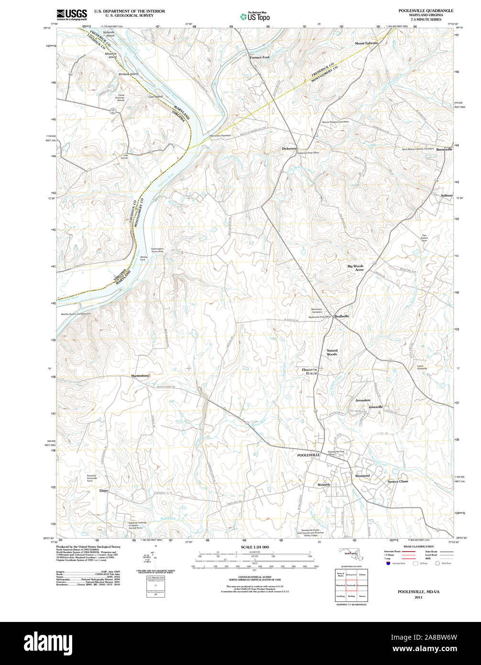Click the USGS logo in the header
click(x=72, y=14)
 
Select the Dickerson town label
click(x=289, y=149)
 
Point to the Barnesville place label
click(x=443, y=149)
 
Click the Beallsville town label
click(x=341, y=316)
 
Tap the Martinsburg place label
click(x=141, y=376)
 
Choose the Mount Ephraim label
click(x=366, y=43)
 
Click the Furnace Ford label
click(x=260, y=57)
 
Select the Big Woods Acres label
click(x=355, y=268)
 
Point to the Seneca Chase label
click(x=398, y=481)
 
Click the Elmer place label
click(x=104, y=490)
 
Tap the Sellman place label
click(x=447, y=195)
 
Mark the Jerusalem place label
click(x=363, y=400)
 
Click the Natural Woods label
click(x=332, y=352)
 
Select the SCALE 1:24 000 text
click(x=255, y=547)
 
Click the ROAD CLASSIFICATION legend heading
click(x=419, y=546)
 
